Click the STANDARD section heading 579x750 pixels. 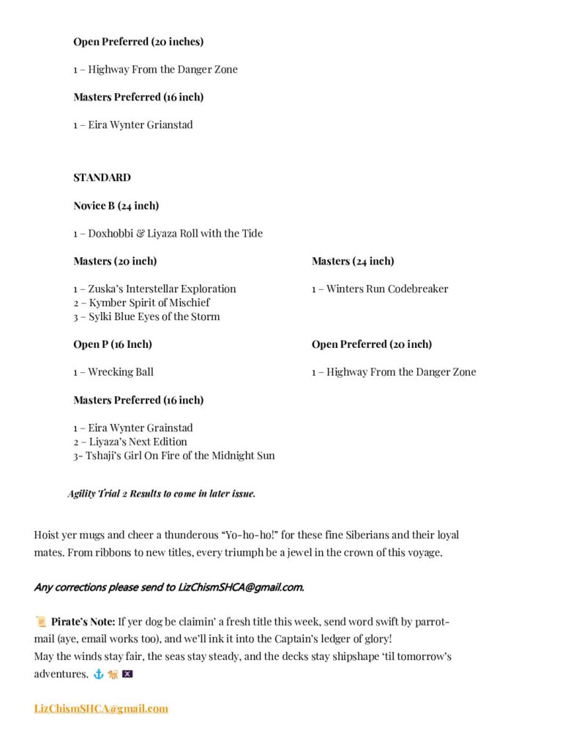[x=102, y=177]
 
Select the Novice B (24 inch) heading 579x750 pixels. [x=116, y=205]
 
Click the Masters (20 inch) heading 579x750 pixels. [x=115, y=261]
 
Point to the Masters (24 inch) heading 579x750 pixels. [x=353, y=261]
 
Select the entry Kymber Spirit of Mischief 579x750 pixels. [x=141, y=302]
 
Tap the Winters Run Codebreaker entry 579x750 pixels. [x=380, y=289]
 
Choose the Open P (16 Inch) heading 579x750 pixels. [x=113, y=344]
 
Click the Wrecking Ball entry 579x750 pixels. [x=113, y=372]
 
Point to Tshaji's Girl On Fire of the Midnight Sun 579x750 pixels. [x=174, y=456]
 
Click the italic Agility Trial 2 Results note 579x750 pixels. [x=161, y=494]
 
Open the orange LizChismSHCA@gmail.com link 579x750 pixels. [x=101, y=708]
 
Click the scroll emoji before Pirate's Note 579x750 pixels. [x=41, y=622]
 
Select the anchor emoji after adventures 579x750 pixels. [x=98, y=674]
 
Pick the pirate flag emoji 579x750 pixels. [x=127, y=674]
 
